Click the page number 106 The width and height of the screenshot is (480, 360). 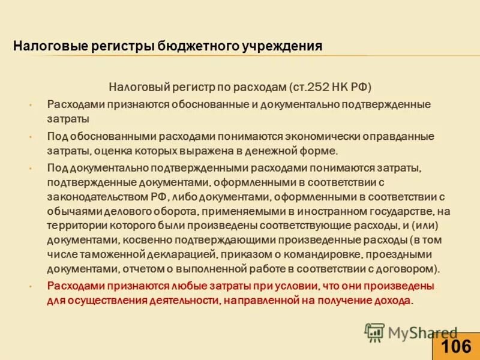455,346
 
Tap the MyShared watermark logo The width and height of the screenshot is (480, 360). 412,332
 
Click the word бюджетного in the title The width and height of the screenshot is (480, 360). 194,46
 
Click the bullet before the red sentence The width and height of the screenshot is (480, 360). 29,287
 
